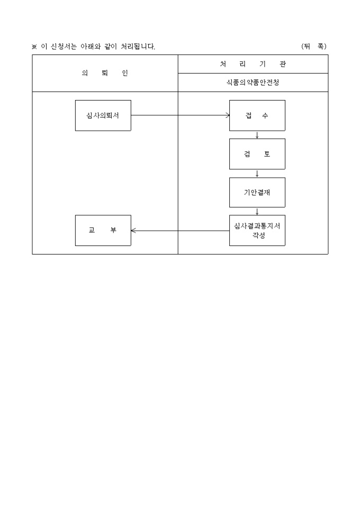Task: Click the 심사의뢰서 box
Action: (x=103, y=115)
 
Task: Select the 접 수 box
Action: (x=257, y=115)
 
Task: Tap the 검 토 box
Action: (x=257, y=154)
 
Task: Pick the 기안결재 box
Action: (x=257, y=192)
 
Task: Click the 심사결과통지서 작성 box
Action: (x=257, y=231)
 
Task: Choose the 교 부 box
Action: (x=103, y=231)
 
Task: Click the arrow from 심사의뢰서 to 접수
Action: (x=181, y=115)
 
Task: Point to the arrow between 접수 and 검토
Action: (x=257, y=135)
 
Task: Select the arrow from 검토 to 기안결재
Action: (x=257, y=174)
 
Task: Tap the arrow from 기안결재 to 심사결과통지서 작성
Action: (x=257, y=211)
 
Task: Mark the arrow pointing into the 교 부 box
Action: (x=181, y=231)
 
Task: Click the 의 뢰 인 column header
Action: (x=105, y=73)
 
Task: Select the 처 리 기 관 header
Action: (x=253, y=64)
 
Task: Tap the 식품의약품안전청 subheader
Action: (x=253, y=83)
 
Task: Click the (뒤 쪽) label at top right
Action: (x=314, y=47)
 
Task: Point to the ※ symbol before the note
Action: (x=34, y=47)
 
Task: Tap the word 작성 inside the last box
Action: (x=259, y=235)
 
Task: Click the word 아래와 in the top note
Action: (x=91, y=47)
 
